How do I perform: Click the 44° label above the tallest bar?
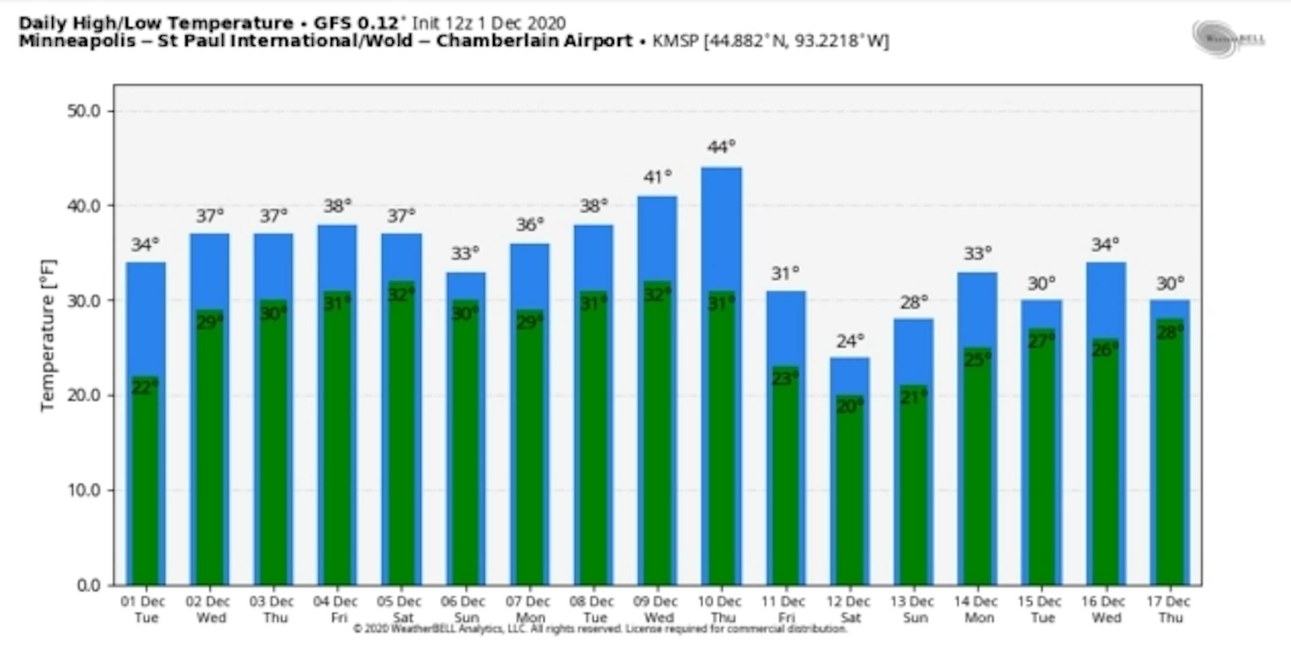pos(721,147)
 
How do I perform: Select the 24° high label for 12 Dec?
pos(850,341)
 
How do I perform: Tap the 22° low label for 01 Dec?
pos(145,387)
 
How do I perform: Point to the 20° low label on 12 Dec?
pos(850,406)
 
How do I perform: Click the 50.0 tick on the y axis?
pos(83,111)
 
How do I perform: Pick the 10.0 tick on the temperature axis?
pos(83,490)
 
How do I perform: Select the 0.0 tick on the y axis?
pos(88,585)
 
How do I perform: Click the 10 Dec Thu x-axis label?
pos(720,609)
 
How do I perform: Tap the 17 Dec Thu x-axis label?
pos(1168,609)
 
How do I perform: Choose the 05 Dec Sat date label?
pos(400,609)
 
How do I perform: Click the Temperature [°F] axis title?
pos(47,335)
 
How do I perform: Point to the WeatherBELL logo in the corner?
pos(1228,39)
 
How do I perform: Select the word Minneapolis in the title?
pos(77,41)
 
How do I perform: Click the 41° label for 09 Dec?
pos(657,177)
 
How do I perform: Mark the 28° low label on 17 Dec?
pos(1170,332)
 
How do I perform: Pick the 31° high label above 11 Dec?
pos(785,274)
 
